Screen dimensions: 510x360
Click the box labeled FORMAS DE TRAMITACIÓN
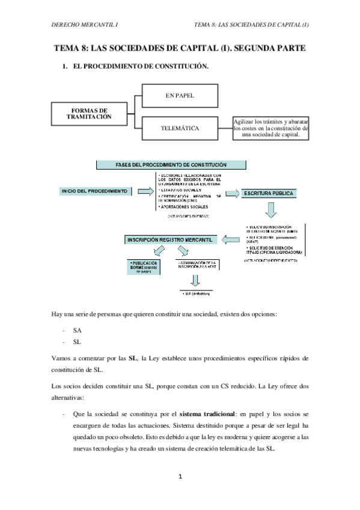[90, 115]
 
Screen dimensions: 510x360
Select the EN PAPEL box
[179, 96]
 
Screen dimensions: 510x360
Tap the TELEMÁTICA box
[180, 128]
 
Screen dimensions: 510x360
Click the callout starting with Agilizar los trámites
[271, 128]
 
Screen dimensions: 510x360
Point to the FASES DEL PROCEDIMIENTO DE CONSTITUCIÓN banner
[171, 165]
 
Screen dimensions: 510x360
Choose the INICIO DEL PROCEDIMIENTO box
[94, 191]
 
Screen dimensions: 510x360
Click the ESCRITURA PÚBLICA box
[268, 194]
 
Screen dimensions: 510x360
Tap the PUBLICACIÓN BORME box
[144, 266]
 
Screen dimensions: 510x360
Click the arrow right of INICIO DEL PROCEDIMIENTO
[145, 191]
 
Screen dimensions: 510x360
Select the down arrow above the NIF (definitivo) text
[195, 280]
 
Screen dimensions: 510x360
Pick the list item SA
[77, 330]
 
